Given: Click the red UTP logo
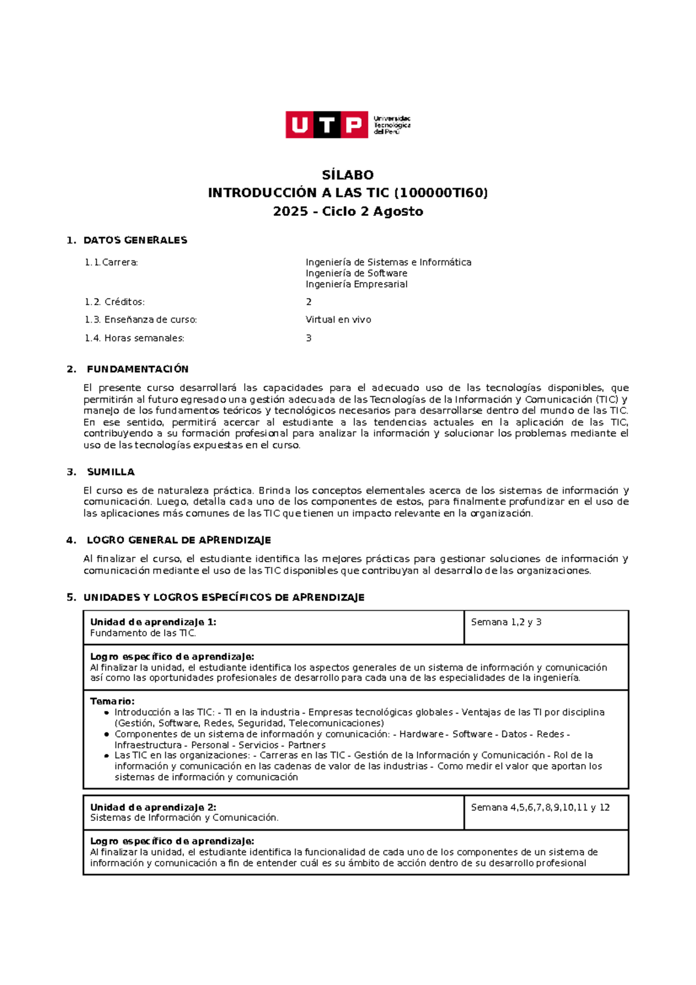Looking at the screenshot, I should (327, 125).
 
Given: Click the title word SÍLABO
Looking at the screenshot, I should (348, 175).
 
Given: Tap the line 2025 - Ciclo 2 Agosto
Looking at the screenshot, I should (348, 212).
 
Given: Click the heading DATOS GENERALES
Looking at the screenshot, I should (135, 240).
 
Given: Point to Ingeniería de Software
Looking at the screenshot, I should (356, 273).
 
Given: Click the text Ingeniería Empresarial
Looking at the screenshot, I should (356, 284).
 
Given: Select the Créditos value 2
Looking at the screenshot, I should (309, 302).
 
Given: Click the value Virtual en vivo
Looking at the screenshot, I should (338, 320).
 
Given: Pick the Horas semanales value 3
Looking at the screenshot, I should (309, 338).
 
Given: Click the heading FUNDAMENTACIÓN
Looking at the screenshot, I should (137, 369).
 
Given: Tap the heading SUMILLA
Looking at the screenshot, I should (111, 472).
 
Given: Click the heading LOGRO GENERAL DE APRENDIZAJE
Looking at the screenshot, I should (179, 540).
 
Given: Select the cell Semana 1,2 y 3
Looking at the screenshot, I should (506, 622).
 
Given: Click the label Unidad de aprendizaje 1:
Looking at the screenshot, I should (153, 622).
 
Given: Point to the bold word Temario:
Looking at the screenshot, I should (112, 701).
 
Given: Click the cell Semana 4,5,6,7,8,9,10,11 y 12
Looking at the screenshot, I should (540, 807).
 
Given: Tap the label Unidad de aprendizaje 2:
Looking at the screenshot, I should (153, 807).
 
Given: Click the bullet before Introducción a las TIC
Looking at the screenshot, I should (106, 713).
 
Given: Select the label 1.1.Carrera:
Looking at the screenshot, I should (111, 262).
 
